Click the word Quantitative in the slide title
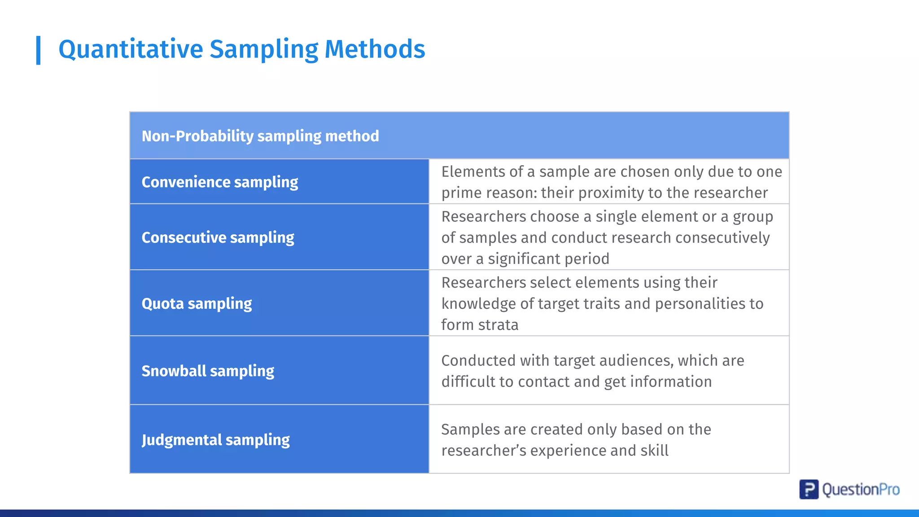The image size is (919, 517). [x=131, y=49]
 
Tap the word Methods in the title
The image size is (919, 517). [x=375, y=49]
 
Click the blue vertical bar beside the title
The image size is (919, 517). [x=39, y=50]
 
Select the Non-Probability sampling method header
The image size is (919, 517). [x=260, y=136]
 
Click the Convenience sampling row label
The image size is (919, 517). [x=219, y=182]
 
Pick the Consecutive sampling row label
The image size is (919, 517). [x=218, y=237]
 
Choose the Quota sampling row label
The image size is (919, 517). [x=197, y=304]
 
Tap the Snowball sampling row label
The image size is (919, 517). [x=208, y=371]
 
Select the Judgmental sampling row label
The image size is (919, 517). [x=215, y=440]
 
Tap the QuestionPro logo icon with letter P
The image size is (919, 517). [x=809, y=489]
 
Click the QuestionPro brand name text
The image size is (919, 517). [x=861, y=490]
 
